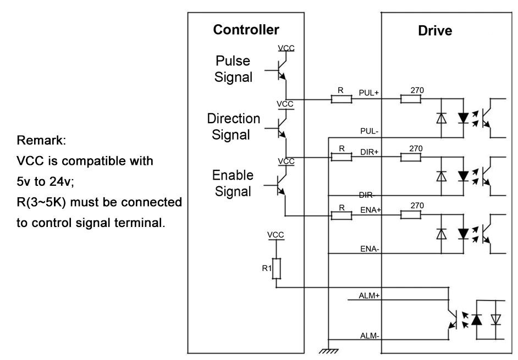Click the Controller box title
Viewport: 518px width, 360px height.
246,30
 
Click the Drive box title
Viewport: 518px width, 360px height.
434,31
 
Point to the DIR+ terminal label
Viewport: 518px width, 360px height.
370,151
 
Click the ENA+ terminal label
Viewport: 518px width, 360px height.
370,209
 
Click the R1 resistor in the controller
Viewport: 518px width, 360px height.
277,268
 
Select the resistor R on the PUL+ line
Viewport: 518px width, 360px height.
341,99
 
